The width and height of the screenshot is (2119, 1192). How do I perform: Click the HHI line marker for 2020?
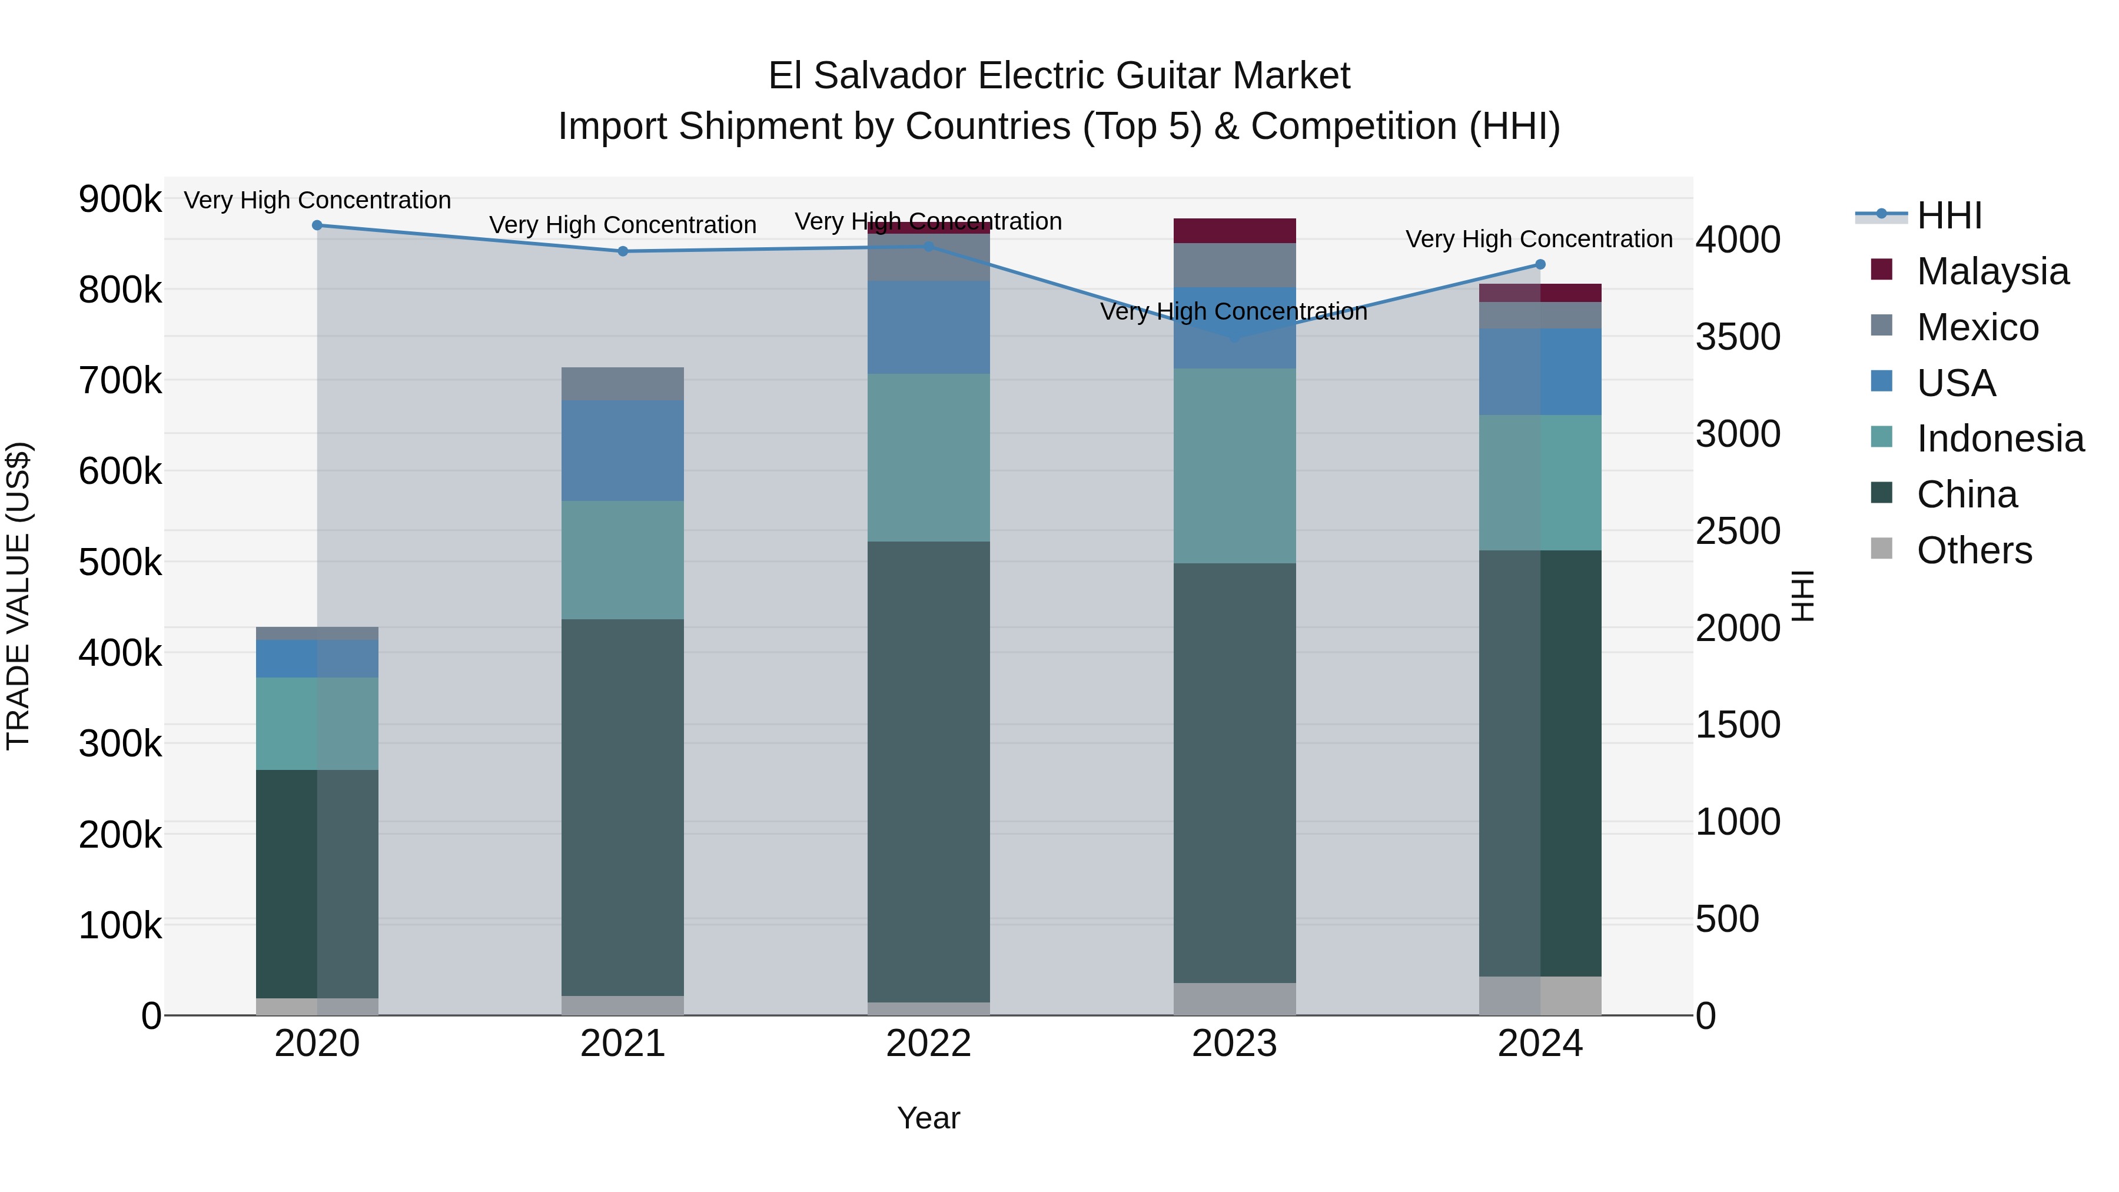click(317, 225)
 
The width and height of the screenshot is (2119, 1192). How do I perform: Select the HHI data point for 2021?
click(623, 251)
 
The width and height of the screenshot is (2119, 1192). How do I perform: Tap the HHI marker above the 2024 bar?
click(1541, 265)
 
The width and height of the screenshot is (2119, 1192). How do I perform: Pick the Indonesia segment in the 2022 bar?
click(929, 457)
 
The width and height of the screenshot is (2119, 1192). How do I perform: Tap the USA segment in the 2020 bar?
click(317, 658)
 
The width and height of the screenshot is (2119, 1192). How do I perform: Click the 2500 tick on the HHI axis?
click(1738, 532)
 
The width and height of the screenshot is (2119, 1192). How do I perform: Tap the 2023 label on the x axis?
click(1235, 1044)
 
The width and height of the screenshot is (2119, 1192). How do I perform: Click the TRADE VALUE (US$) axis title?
click(18, 596)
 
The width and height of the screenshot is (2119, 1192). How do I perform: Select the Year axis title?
click(929, 1118)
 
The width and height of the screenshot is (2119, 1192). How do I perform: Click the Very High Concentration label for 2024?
click(1539, 240)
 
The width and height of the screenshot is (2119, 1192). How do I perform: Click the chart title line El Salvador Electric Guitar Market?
click(1059, 76)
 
